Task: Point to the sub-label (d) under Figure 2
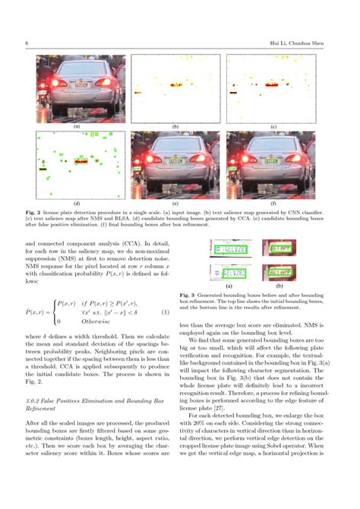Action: coord(77,204)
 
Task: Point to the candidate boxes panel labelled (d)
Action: coord(77,165)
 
